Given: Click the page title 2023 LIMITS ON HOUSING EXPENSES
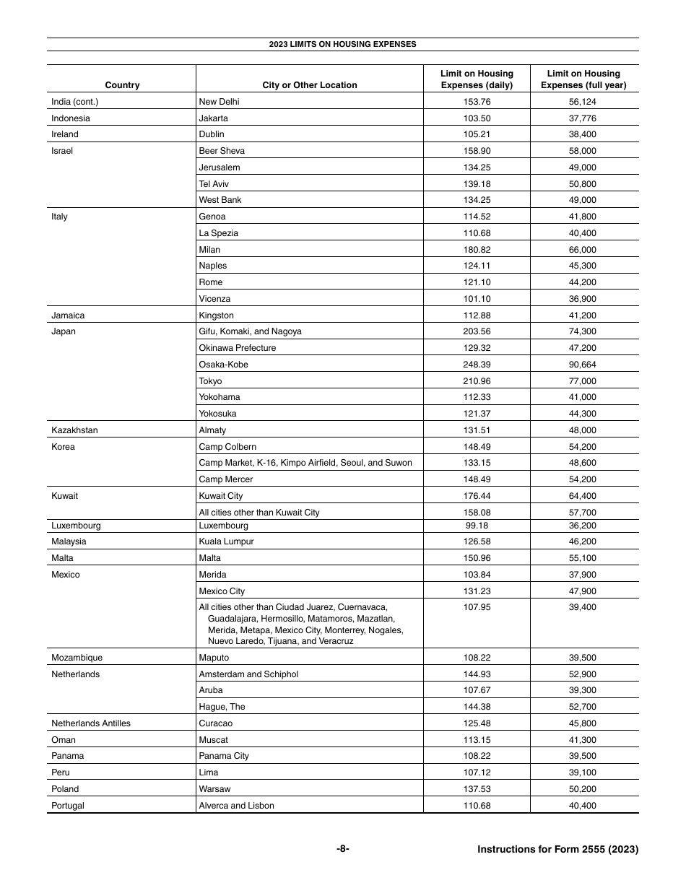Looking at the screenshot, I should [342, 44].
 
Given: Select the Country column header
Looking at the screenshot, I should [122, 85].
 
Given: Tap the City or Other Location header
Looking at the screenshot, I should [309, 85].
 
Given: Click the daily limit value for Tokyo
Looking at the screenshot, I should [477, 381].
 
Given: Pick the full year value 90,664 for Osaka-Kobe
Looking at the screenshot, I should [583, 365].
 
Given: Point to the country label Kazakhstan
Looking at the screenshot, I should [74, 430].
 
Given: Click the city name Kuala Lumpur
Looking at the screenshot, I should [226, 541].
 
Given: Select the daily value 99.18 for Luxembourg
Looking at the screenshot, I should [477, 526].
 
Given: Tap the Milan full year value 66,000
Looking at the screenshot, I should [583, 250].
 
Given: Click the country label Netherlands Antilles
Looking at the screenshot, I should [91, 723].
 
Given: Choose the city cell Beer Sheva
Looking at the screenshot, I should [222, 151].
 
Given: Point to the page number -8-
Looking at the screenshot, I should [342, 850].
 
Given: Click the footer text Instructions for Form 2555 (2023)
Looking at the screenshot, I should [557, 850].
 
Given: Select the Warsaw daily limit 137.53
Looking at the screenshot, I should [477, 789].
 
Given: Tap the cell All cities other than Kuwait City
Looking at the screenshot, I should [259, 513].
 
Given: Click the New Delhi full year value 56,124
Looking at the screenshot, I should [583, 102].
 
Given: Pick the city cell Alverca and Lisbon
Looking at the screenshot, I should [236, 806].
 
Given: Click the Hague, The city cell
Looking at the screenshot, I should [222, 707].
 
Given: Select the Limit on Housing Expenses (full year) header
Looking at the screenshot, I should [583, 79].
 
